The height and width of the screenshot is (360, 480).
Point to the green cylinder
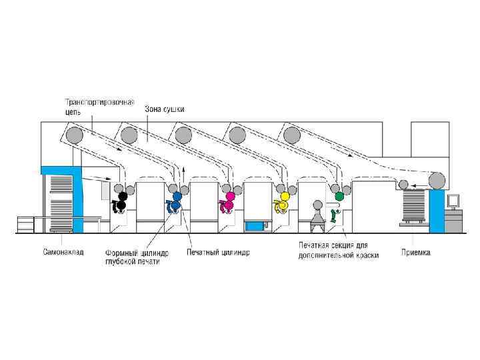click(x=339, y=197)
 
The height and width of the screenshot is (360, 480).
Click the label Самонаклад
click(x=63, y=253)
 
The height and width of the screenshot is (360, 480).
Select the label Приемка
click(x=415, y=253)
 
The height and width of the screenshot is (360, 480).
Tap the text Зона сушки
click(x=165, y=108)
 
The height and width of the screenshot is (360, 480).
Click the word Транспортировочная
click(x=99, y=103)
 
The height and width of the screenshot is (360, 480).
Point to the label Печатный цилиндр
click(x=218, y=253)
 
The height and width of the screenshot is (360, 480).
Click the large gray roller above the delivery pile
click(x=437, y=181)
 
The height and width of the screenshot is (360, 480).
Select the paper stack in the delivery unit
click(x=416, y=207)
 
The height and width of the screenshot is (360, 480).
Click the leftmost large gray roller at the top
click(x=74, y=137)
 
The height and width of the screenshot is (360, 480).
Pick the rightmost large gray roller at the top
click(x=291, y=137)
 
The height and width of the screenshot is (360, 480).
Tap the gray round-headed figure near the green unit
click(x=318, y=205)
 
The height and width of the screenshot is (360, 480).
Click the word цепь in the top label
click(x=73, y=113)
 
